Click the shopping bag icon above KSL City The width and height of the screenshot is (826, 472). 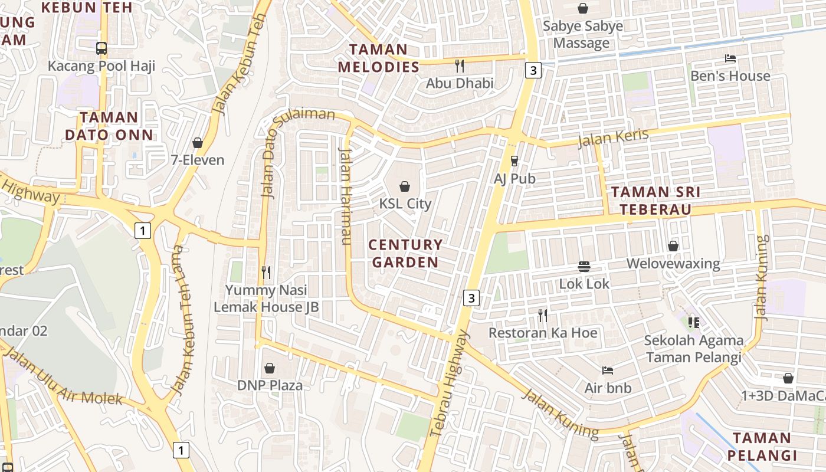tap(405, 186)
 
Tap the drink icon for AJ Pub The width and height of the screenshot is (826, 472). tap(514, 160)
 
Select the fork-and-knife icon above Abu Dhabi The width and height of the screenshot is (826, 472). tap(460, 65)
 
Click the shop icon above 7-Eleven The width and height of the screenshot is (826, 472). tap(198, 143)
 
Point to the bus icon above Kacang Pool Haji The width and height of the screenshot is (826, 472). tap(101, 48)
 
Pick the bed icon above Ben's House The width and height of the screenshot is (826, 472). tap(730, 58)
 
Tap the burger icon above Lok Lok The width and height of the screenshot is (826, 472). tap(584, 267)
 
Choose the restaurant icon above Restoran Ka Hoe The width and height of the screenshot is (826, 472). tap(543, 316)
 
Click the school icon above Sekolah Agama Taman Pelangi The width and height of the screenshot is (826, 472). tap(694, 323)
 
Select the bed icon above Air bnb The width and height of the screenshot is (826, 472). tap(608, 371)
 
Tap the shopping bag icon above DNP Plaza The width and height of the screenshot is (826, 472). tap(270, 368)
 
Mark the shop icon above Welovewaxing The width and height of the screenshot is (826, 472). tap(673, 246)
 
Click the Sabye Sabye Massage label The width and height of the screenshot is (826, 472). tap(582, 34)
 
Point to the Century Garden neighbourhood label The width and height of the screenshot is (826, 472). tap(405, 253)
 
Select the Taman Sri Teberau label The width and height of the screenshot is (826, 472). tap(655, 201)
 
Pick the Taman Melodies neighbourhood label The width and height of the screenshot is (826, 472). tap(378, 58)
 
